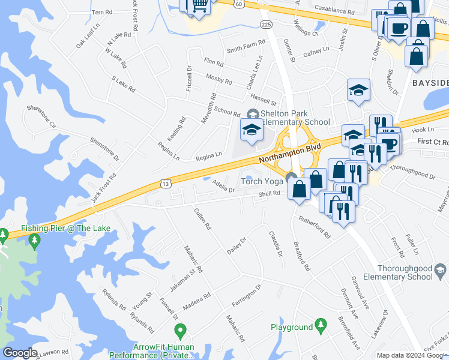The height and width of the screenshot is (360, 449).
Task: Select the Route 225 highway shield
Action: (266, 23)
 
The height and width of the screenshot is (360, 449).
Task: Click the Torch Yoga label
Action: (262, 181)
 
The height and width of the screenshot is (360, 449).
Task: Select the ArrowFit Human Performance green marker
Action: (179, 331)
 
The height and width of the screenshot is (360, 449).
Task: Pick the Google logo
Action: (19, 353)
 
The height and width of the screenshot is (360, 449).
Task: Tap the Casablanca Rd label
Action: (334, 11)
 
